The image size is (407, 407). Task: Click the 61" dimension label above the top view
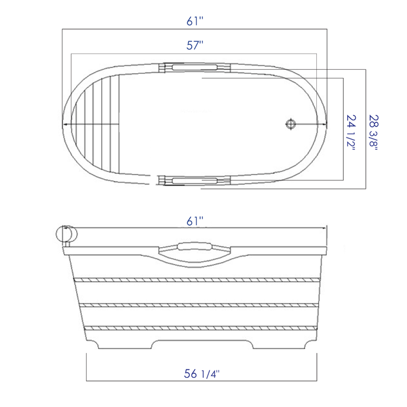[195, 21]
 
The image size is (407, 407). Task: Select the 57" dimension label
[195, 45]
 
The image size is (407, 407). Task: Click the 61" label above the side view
[195, 222]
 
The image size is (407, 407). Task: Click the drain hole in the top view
[290, 124]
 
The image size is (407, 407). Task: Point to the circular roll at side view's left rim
[66, 234]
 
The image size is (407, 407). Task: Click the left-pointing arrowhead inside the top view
[66, 124]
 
